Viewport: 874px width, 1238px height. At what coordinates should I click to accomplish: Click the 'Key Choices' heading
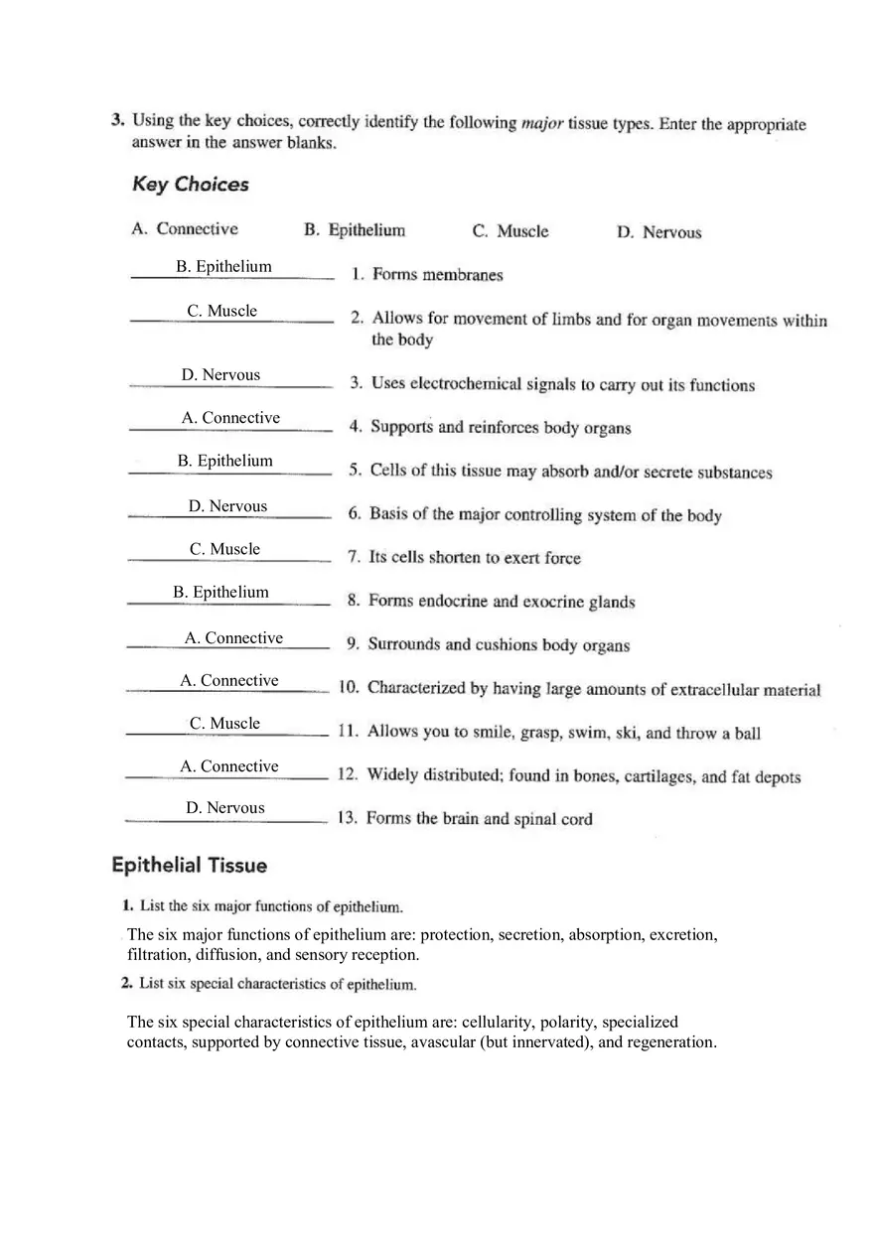(190, 185)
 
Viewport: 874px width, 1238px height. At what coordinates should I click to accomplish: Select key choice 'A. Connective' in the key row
(185, 229)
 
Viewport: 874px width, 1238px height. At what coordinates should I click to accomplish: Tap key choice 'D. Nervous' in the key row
(658, 233)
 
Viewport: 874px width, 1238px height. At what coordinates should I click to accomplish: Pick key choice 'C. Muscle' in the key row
(510, 231)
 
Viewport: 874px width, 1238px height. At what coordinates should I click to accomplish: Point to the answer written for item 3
(220, 375)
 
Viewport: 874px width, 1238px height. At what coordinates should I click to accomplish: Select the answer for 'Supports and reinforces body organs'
(230, 419)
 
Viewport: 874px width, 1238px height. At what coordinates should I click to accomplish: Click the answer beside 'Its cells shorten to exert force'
(224, 550)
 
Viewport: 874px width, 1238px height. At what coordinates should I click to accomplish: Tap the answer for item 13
(225, 809)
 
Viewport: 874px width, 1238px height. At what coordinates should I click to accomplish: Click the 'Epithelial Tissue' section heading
(189, 866)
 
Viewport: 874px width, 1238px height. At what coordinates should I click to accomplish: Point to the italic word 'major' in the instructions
(542, 124)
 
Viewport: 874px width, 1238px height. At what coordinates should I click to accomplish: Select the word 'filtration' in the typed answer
(159, 955)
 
